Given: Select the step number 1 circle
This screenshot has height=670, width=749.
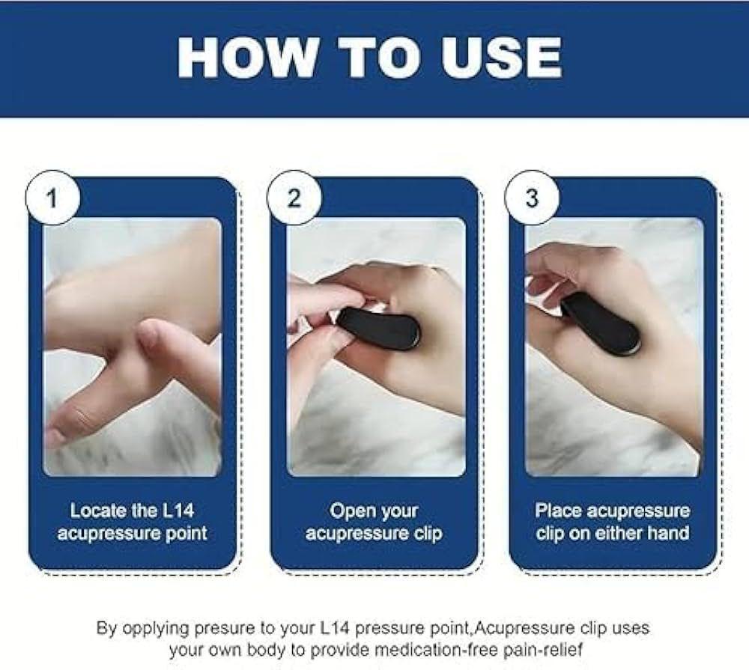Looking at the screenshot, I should (52, 198).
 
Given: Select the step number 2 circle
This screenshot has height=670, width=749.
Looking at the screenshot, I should (294, 198).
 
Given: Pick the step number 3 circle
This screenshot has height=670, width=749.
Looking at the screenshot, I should (532, 198).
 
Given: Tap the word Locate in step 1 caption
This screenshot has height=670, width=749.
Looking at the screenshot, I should (97, 511).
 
